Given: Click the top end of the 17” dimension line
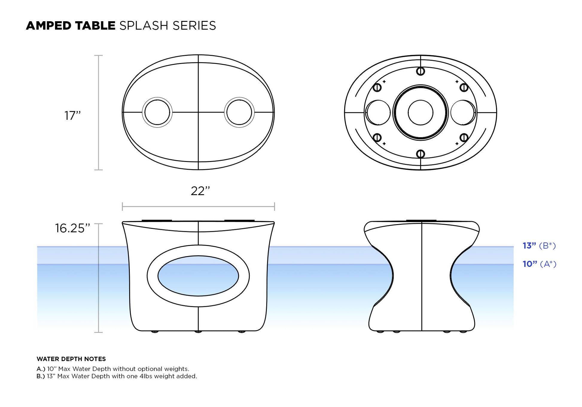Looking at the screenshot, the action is pyautogui.click(x=98, y=55).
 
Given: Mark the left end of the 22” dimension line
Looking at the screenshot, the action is pyautogui.click(x=122, y=206).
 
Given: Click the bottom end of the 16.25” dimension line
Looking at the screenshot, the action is pyautogui.click(x=98, y=332).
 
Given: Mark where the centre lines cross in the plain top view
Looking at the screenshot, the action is pyautogui.click(x=198, y=112).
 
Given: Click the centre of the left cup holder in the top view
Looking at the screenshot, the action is pyautogui.click(x=157, y=112).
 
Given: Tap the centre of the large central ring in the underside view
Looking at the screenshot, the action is pyautogui.click(x=420, y=113).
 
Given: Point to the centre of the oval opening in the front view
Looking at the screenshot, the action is pyautogui.click(x=198, y=276).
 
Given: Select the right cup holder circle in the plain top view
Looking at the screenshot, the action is pyautogui.click(x=239, y=112).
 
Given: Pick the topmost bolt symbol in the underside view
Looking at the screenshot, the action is pyautogui.click(x=420, y=71).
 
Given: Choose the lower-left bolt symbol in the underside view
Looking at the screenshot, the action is pyautogui.click(x=377, y=138).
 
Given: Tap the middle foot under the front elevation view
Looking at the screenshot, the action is pyautogui.click(x=198, y=331).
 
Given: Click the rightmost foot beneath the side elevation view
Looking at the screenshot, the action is pyautogui.click(x=463, y=331).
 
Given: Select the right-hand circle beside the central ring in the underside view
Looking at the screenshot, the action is pyautogui.click(x=463, y=113).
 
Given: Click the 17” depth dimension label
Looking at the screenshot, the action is pyautogui.click(x=73, y=116).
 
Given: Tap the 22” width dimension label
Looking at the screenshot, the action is pyautogui.click(x=200, y=191).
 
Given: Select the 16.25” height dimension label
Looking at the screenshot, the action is pyautogui.click(x=72, y=228).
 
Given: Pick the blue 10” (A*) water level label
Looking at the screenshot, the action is pyautogui.click(x=540, y=264).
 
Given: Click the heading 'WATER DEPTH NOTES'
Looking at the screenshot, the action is pyautogui.click(x=71, y=359).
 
